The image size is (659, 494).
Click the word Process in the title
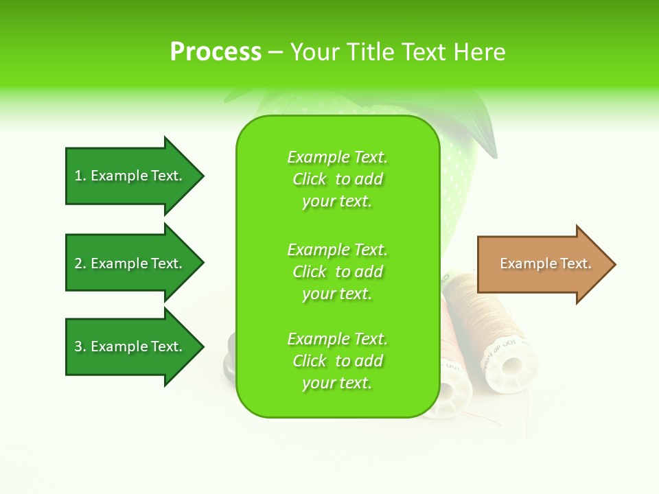point(216,52)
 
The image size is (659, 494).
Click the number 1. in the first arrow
point(80,176)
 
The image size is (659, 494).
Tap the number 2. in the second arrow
point(80,263)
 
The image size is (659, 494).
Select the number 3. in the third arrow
point(80,346)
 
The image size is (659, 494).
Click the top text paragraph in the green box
point(337,179)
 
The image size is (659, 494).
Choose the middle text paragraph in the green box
point(337,271)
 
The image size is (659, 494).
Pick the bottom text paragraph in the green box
point(337,361)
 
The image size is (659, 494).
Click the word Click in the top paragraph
point(310,179)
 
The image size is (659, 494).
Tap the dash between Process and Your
point(276,52)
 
